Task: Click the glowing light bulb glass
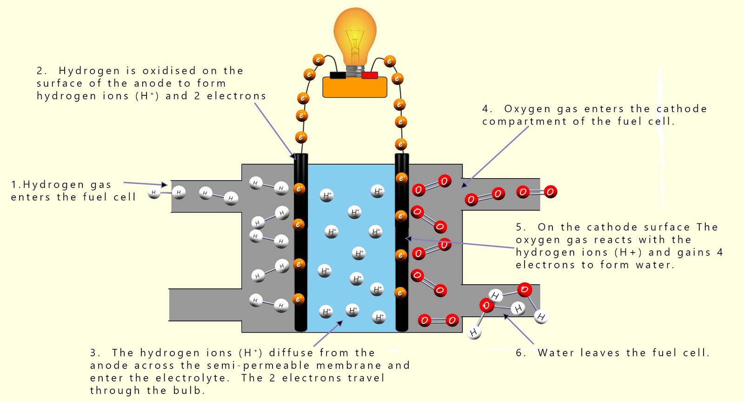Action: (x=355, y=35)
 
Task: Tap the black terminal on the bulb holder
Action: (x=338, y=75)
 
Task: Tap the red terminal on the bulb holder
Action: (x=370, y=75)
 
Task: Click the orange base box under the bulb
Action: (x=355, y=87)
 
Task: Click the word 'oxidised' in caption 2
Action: (x=169, y=71)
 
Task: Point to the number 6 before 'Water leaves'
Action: (x=520, y=353)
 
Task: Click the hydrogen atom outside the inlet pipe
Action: (x=154, y=192)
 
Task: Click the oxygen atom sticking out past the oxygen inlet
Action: (x=550, y=192)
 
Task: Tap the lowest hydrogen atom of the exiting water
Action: (x=473, y=333)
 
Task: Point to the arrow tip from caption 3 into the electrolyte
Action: (x=340, y=322)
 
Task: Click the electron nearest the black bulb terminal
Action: (x=319, y=60)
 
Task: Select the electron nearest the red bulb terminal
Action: (x=390, y=61)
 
